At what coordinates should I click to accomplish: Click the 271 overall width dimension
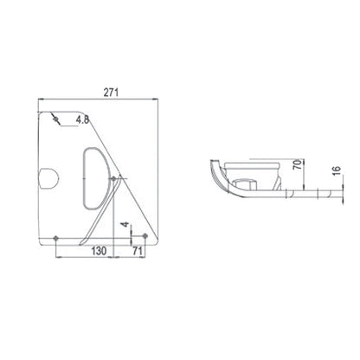(111, 93)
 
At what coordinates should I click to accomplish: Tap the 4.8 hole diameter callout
(82, 119)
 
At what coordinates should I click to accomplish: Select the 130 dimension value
(99, 251)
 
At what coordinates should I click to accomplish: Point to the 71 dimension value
(138, 251)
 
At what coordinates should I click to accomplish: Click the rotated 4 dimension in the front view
(125, 224)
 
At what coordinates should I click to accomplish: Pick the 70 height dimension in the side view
(298, 164)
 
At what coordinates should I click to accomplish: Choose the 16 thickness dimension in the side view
(337, 170)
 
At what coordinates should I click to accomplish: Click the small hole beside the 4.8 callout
(56, 119)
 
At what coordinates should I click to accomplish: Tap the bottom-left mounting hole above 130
(56, 238)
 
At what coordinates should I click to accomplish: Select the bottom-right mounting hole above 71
(145, 236)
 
